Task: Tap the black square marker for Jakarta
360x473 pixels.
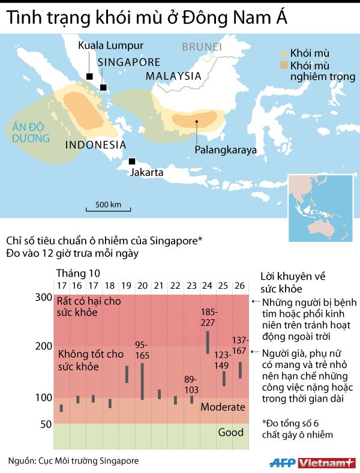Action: (131, 161)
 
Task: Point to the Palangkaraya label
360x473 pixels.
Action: (225, 149)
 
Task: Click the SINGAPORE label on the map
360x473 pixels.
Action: (129, 62)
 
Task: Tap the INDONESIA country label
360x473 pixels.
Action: (95, 145)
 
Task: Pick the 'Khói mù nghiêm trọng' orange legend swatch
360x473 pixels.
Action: (283, 64)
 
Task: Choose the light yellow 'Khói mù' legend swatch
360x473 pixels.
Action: (283, 53)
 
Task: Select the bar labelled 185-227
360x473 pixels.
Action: (208, 342)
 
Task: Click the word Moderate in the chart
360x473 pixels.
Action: (223, 407)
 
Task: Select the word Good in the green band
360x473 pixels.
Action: (230, 432)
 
